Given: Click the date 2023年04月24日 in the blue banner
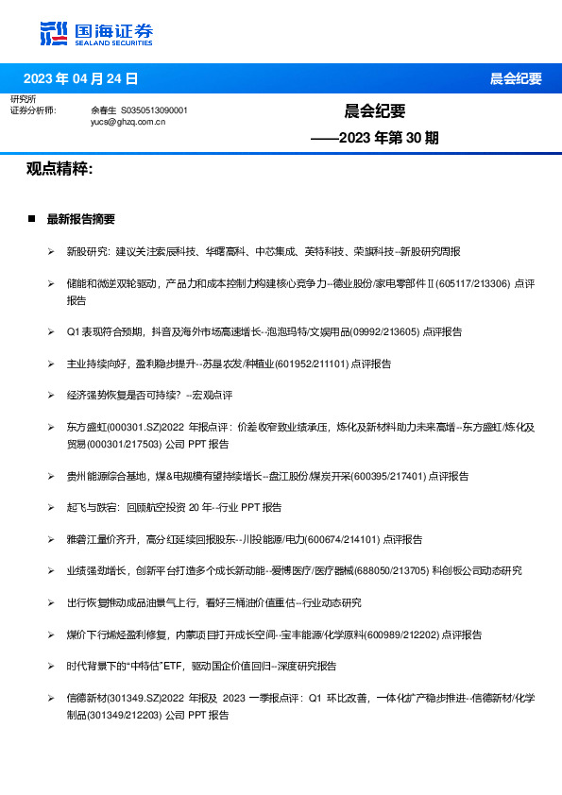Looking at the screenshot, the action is (80, 78).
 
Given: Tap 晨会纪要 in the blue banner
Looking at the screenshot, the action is (515, 78).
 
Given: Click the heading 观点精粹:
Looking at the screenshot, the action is (60, 169).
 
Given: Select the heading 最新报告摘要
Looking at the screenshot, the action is (80, 219).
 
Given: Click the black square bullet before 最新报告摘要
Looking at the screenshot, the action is (31, 219).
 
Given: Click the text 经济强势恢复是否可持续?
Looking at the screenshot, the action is (121, 395).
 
